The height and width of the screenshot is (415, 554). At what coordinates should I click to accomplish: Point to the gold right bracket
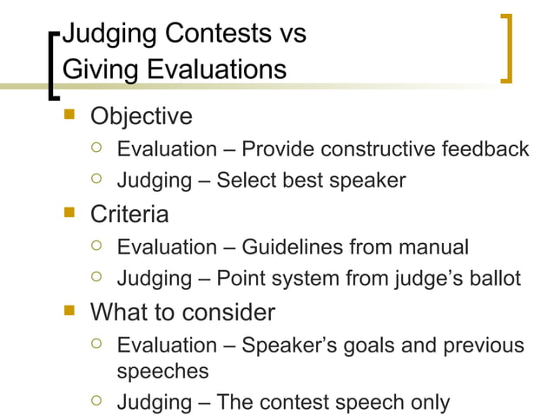pyautogui.click(x=507, y=48)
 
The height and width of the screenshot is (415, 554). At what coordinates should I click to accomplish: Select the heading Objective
pyautogui.click(x=142, y=115)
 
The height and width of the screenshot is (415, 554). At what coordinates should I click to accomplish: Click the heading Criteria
pyautogui.click(x=129, y=214)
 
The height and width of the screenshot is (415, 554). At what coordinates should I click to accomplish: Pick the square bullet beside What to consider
pyautogui.click(x=72, y=312)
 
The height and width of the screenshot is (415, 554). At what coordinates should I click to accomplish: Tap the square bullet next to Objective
pyautogui.click(x=72, y=115)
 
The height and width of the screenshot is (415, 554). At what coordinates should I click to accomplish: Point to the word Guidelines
pyautogui.click(x=293, y=247)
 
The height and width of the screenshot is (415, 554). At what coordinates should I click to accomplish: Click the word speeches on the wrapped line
pyautogui.click(x=162, y=371)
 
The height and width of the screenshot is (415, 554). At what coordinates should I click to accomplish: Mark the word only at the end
pyautogui.click(x=429, y=403)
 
